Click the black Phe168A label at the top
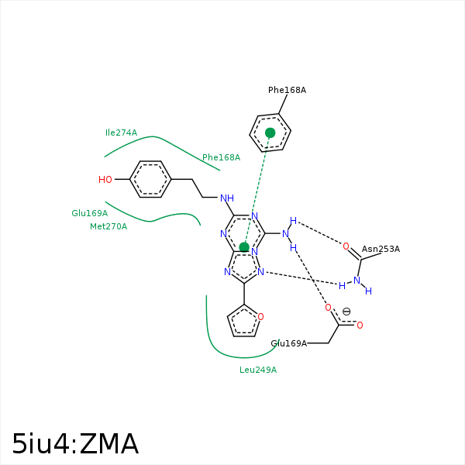tap(287, 90)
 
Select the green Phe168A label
tap(221, 157)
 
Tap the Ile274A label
tap(121, 133)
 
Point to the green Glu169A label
tap(89, 213)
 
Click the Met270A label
tap(108, 226)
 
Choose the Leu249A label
tap(258, 370)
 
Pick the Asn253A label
tap(381, 249)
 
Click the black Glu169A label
tap(288, 343)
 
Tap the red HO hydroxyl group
tap(105, 180)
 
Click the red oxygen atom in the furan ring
tap(260, 316)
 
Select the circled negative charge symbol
tap(346, 312)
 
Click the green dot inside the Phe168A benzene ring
tap(270, 133)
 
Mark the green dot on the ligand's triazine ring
tap(244, 247)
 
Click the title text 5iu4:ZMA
tap(75, 444)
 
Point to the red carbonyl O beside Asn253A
tap(346, 246)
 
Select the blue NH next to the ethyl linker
tap(227, 198)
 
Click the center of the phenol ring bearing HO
tap(150, 179)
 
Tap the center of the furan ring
tap(244, 322)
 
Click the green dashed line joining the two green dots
tap(257, 190)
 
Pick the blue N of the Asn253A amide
tap(356, 281)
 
